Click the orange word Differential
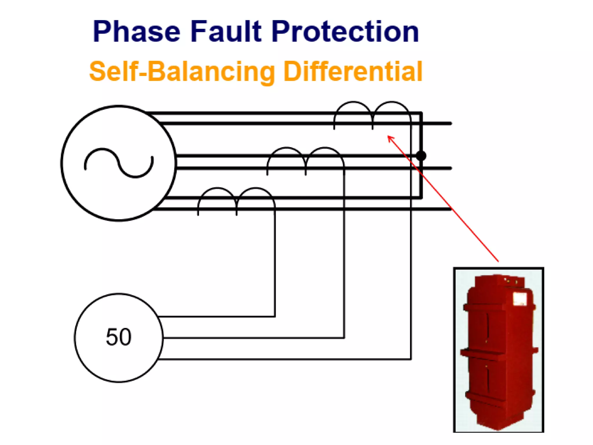pos(352,71)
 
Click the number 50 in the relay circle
pos(118,337)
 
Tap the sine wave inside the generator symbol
pos(119,163)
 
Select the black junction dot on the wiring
pos(421,156)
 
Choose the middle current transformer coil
pos(306,160)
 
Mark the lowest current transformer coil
pos(237,200)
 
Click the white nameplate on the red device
pos(519,299)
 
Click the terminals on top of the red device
pos(510,280)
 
